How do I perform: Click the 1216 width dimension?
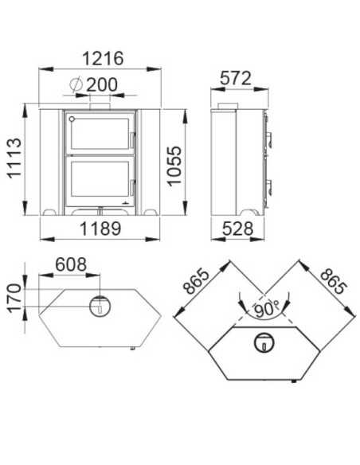coord(103,58)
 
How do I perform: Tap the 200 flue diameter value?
coord(102,84)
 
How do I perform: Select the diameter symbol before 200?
coord(76,84)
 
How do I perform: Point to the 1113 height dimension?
coord(14,158)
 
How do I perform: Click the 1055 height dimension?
coord(174,166)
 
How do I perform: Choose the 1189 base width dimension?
coord(101,229)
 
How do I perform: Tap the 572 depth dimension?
coord(236,78)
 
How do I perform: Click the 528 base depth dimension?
coord(238,229)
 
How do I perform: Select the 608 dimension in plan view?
coord(71,264)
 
